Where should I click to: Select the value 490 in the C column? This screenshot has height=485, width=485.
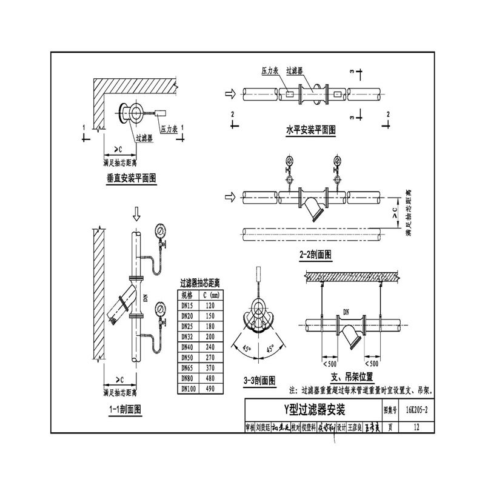tap(211, 389)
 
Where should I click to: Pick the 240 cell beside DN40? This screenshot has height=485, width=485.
tap(211, 346)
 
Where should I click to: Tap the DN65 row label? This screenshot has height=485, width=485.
tap(189, 367)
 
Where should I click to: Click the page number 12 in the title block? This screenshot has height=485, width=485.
tap(415, 427)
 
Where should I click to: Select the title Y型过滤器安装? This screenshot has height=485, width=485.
tap(313, 409)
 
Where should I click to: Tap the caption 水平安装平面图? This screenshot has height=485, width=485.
tap(310, 129)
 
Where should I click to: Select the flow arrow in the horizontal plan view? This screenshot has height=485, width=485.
tap(229, 94)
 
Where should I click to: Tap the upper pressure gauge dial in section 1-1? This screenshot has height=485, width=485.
tap(160, 231)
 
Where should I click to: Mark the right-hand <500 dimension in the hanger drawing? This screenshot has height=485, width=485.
tap(370, 364)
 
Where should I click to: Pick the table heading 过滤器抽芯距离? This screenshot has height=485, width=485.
tap(200, 283)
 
